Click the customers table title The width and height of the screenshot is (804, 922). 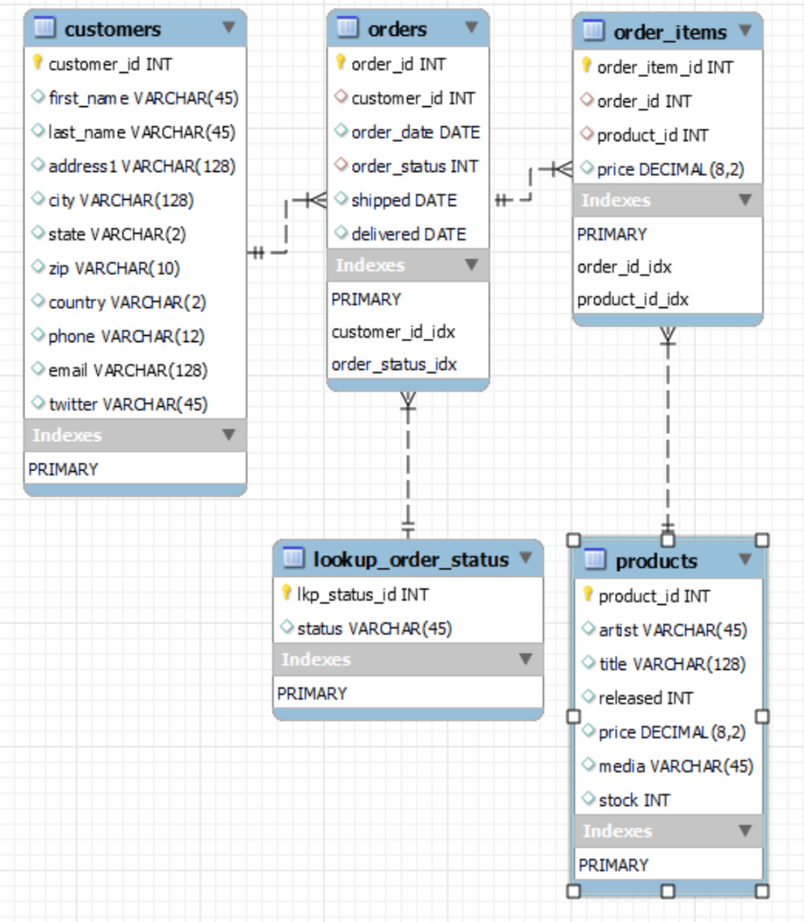click(113, 29)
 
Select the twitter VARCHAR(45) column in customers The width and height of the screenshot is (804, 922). click(128, 404)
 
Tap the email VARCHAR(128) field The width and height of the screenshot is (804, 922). click(128, 370)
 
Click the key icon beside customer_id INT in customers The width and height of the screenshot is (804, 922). click(38, 63)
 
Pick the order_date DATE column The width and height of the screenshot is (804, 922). click(415, 132)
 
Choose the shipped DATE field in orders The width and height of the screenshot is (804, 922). click(403, 200)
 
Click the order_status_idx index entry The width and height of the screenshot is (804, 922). click(393, 365)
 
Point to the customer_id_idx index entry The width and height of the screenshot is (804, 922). click(393, 331)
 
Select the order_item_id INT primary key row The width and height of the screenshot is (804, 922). click(664, 68)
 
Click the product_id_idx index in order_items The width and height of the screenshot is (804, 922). click(632, 299)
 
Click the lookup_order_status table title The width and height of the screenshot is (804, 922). click(411, 559)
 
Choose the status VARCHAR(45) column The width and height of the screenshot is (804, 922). click(374, 628)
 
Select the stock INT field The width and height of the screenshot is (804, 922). click(634, 800)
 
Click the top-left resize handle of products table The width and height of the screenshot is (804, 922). click(573, 540)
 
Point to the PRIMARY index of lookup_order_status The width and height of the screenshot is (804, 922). click(312, 693)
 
